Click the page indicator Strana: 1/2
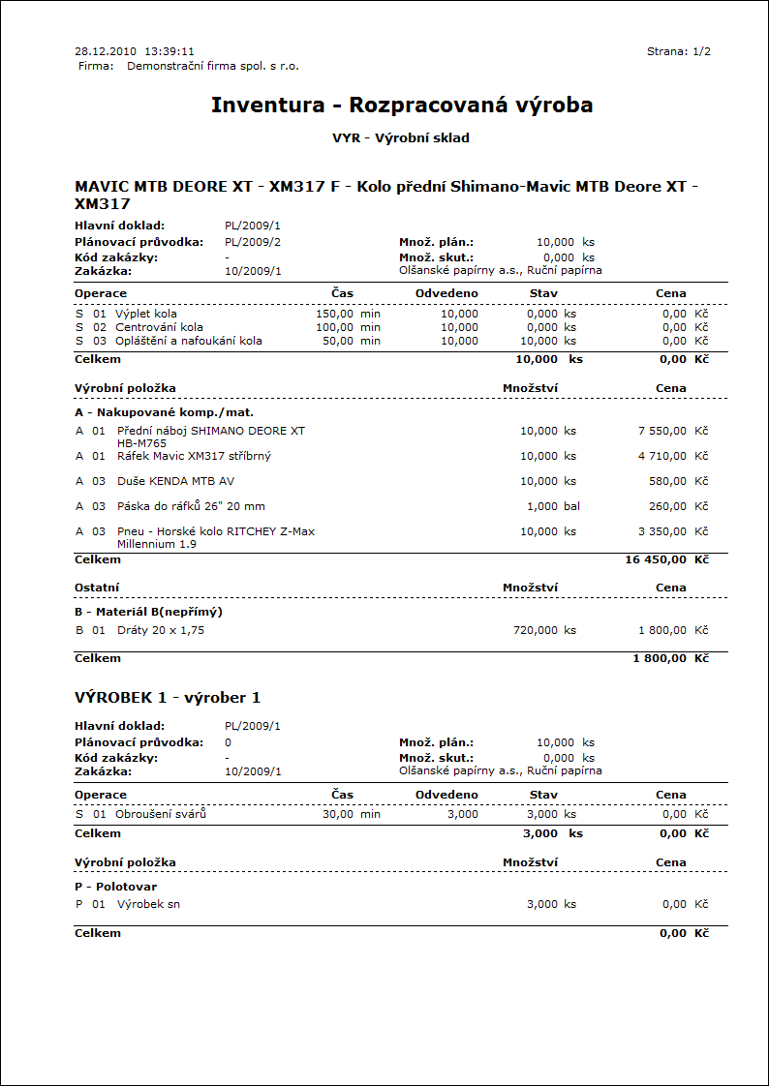(679, 51)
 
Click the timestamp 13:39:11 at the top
(169, 51)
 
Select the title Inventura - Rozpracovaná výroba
(402, 105)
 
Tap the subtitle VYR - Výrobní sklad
(401, 138)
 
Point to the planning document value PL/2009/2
(253, 242)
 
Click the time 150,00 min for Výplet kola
(348, 315)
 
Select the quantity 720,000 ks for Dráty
(544, 630)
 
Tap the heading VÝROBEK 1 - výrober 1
(168, 698)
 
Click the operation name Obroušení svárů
(161, 814)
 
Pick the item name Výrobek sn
(148, 904)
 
